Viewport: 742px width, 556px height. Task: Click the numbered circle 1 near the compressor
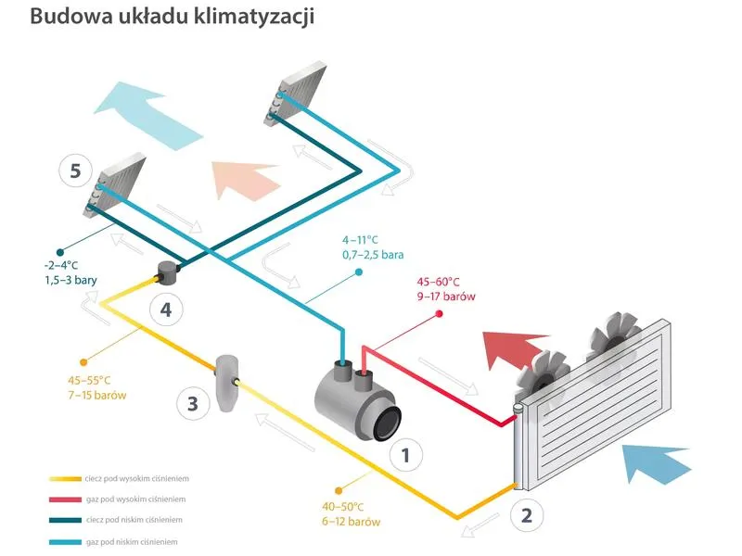tap(405, 454)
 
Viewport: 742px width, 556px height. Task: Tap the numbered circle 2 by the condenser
tap(526, 515)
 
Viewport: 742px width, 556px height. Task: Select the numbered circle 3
tap(192, 403)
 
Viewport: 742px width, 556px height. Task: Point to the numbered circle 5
tap(75, 171)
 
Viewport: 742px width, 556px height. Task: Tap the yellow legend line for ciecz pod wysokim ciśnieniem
tap(66, 479)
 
